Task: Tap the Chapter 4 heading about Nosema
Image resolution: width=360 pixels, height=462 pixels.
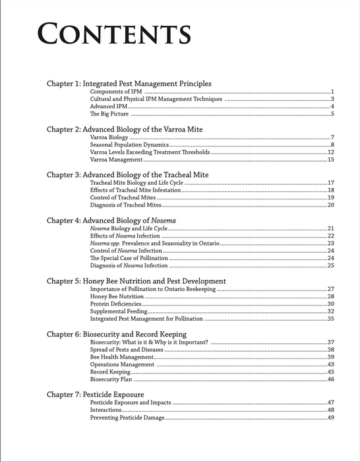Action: [115, 220]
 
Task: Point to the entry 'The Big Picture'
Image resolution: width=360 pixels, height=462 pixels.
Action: [109, 114]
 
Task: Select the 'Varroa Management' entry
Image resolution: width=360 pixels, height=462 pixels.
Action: [116, 160]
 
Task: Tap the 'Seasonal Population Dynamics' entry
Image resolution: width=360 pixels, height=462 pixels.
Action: [130, 145]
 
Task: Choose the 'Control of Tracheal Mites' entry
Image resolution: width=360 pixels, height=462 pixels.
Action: [123, 197]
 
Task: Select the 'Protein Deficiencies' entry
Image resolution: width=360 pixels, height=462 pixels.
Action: [116, 304]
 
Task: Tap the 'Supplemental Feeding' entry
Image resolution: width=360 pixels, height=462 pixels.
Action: [119, 312]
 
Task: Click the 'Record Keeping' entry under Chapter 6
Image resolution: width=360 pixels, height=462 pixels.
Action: [110, 372]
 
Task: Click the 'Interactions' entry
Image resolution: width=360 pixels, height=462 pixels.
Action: [106, 410]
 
